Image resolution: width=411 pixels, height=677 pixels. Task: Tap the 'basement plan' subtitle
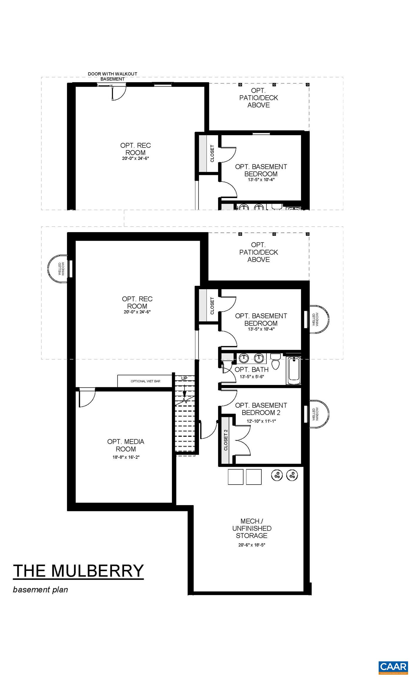tap(40, 589)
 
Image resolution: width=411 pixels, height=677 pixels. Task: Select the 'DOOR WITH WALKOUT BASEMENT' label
tap(112, 76)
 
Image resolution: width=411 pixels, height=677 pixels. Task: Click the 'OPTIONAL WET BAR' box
tap(145, 381)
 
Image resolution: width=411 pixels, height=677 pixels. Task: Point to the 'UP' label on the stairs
tap(184, 378)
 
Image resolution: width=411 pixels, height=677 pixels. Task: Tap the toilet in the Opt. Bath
tap(275, 362)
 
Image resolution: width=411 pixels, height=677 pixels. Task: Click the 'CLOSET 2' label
tap(225, 440)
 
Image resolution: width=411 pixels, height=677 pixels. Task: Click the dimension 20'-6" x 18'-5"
tap(252, 545)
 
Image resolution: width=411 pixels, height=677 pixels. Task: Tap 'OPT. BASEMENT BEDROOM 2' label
tap(261, 409)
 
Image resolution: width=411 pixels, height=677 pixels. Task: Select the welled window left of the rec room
tap(59, 269)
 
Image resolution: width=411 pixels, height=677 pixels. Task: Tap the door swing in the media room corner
tap(86, 397)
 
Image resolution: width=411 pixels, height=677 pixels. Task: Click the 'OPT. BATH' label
tap(251, 370)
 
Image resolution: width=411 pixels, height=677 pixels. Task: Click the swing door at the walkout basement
tap(118, 92)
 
